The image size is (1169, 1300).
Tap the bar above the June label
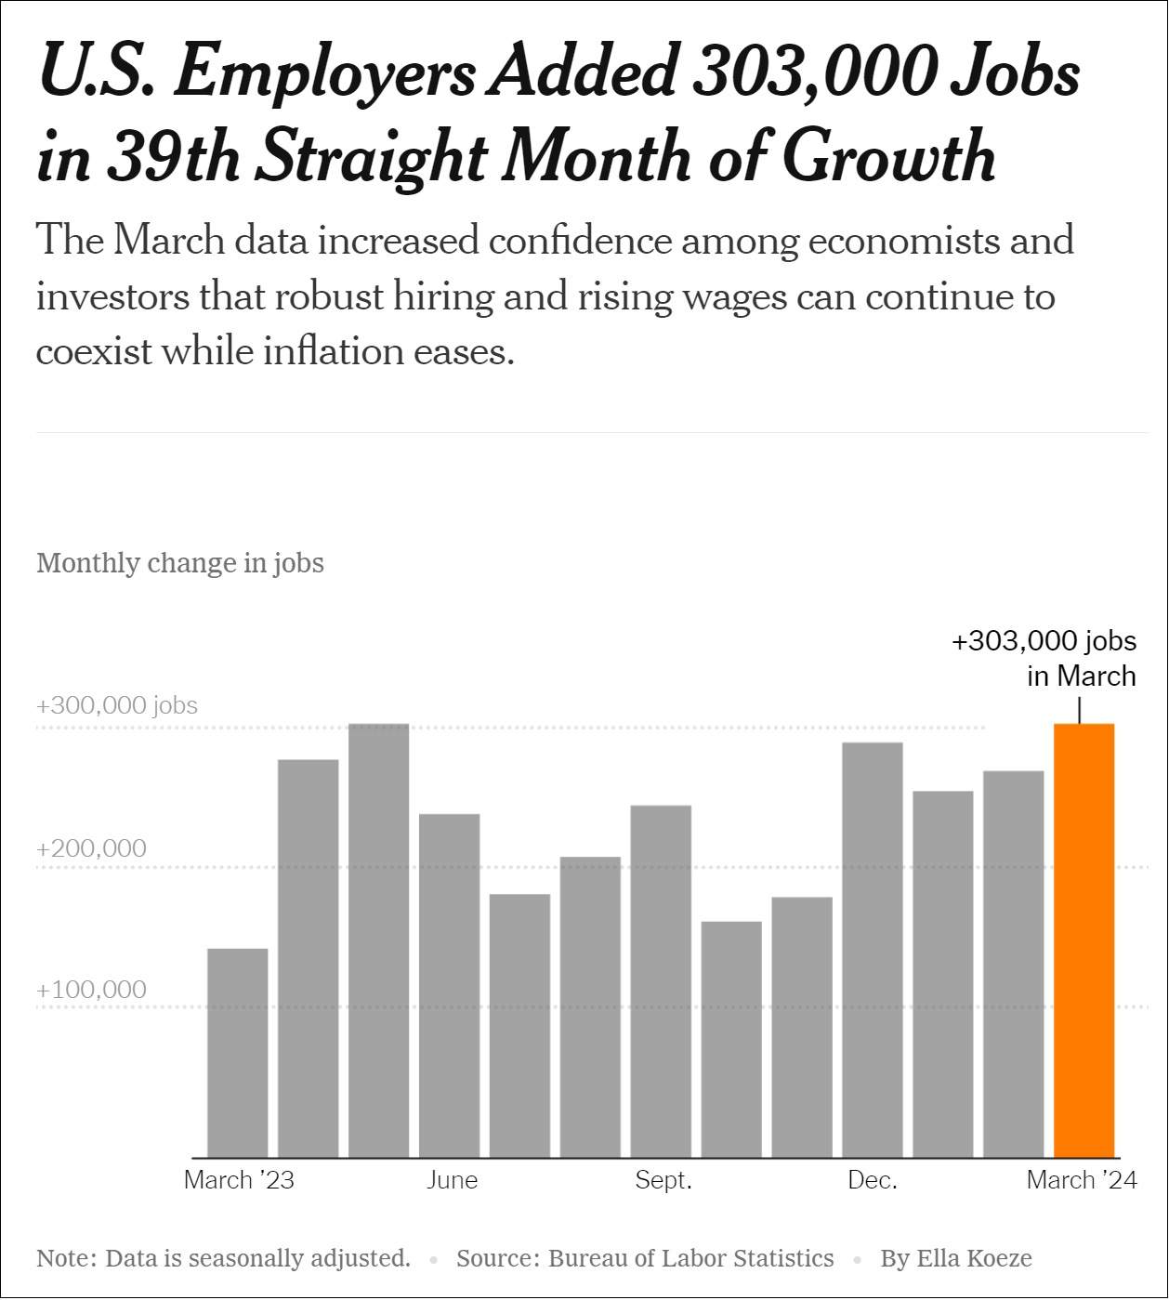click(x=450, y=985)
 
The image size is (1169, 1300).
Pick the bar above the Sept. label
click(x=661, y=981)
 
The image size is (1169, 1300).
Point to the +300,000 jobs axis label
click(x=117, y=705)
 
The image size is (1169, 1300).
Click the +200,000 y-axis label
click(x=91, y=848)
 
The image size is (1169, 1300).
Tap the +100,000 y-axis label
click(x=91, y=990)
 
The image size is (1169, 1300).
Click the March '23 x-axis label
click(x=239, y=1180)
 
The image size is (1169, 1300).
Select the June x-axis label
click(x=453, y=1180)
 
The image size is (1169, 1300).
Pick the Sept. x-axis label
click(x=663, y=1180)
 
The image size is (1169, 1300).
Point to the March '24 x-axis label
click(x=1082, y=1180)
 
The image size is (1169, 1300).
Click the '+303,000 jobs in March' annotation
click(x=1044, y=658)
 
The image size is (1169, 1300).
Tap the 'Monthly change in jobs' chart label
click(x=180, y=563)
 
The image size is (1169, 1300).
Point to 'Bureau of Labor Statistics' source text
click(x=691, y=1258)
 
